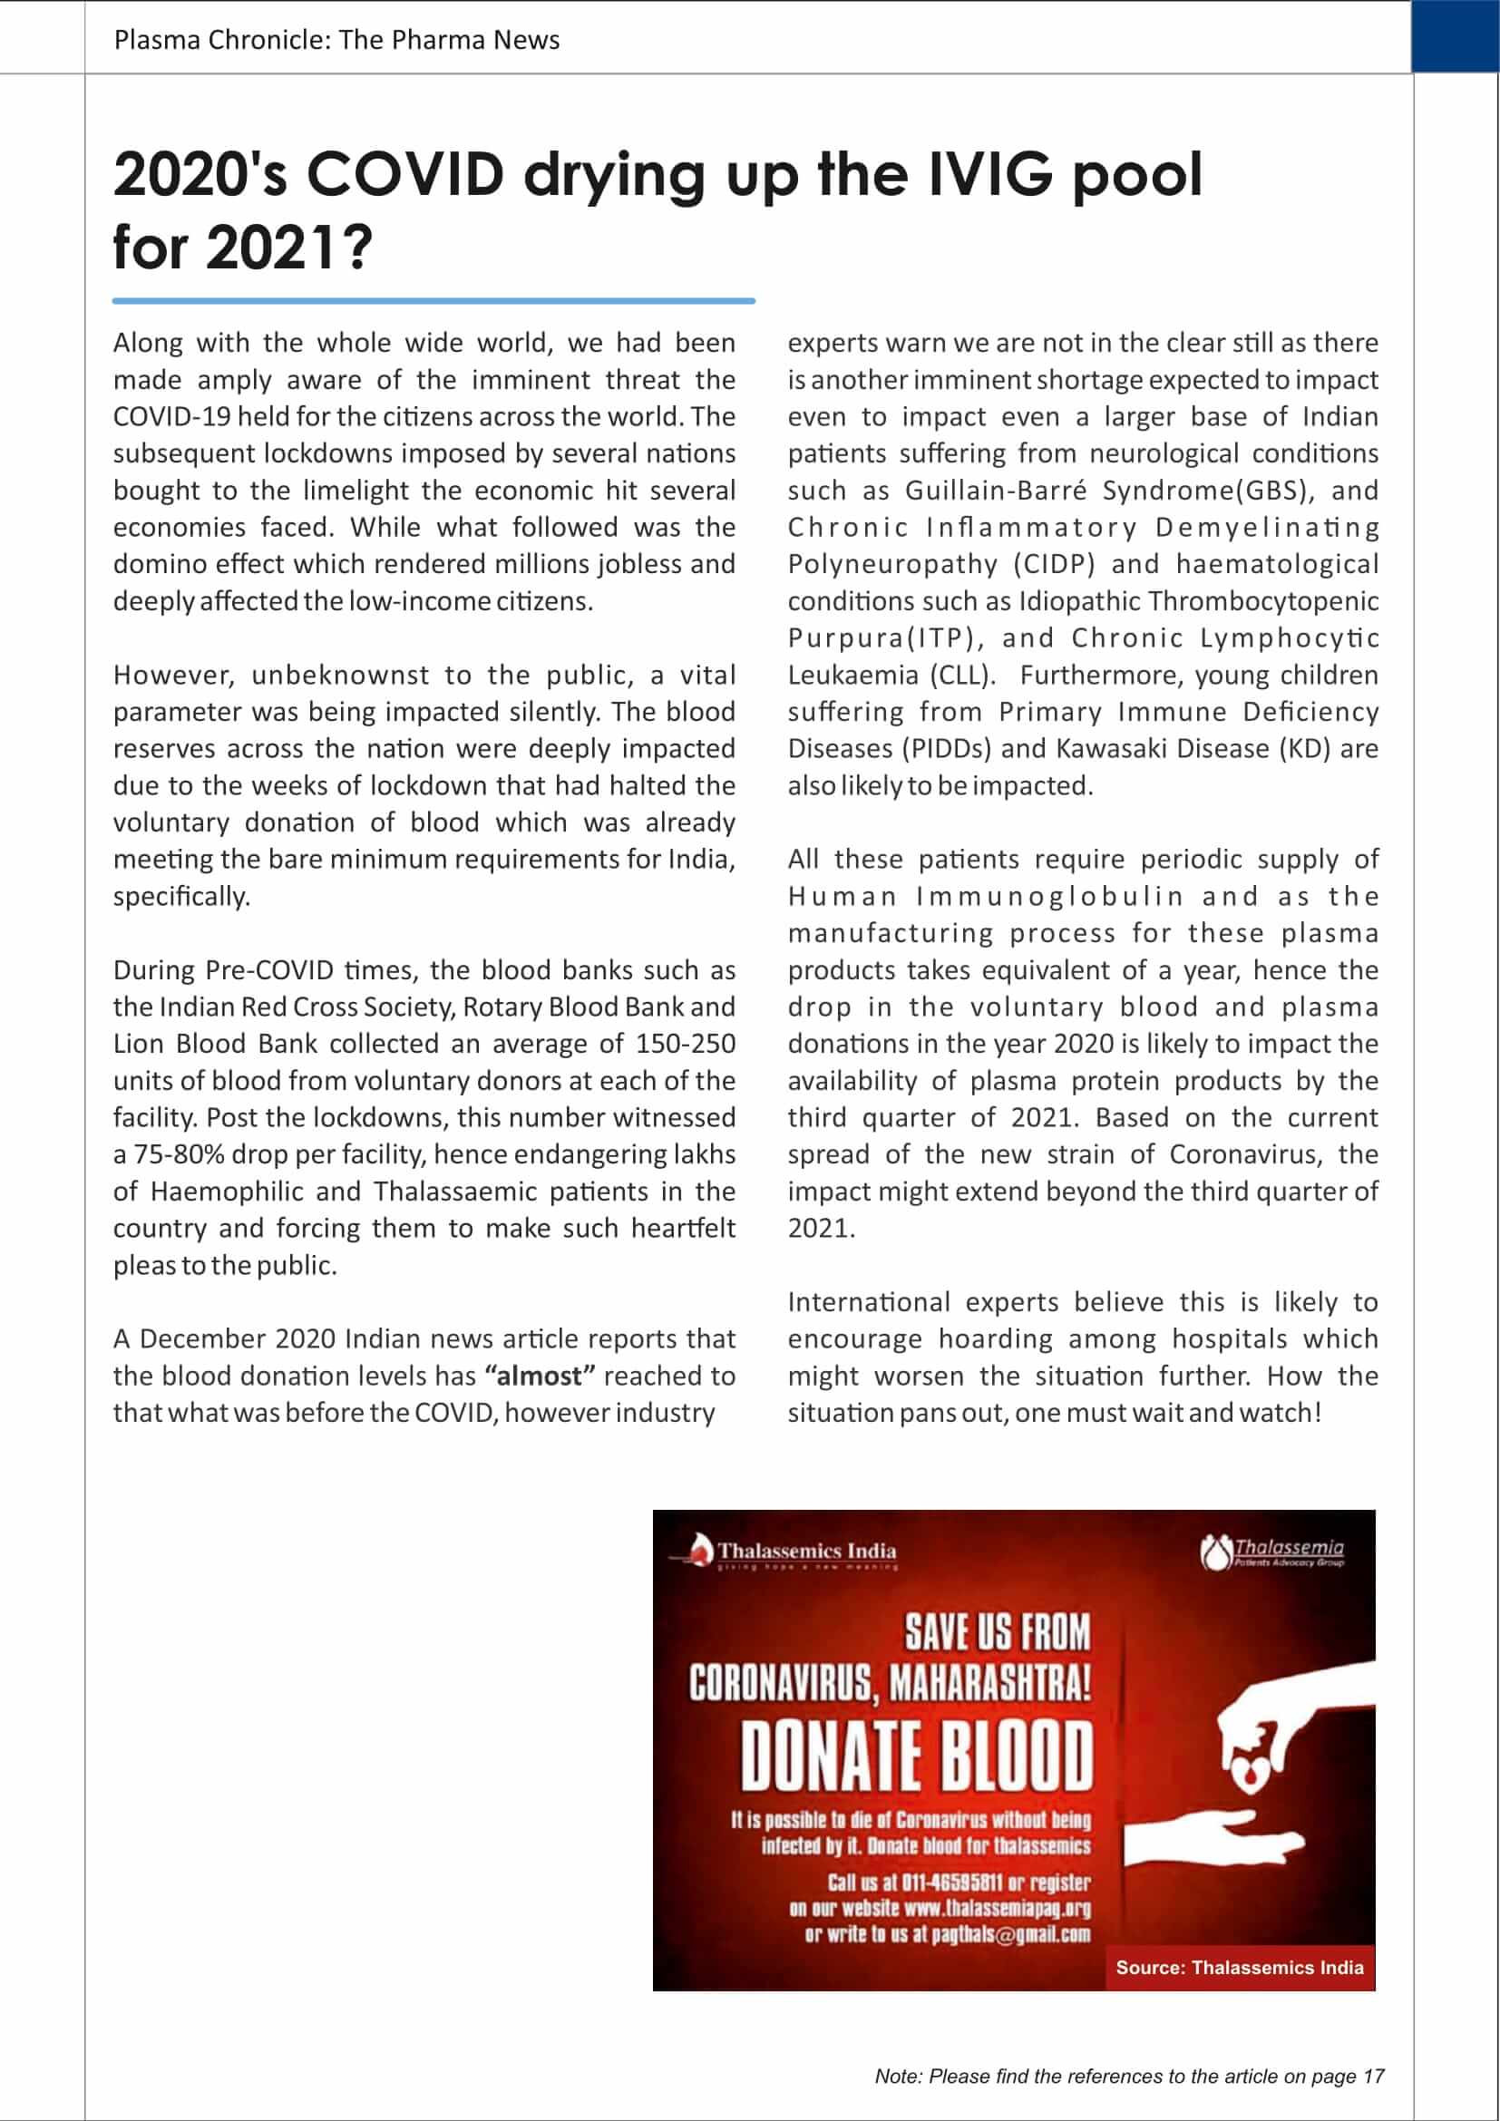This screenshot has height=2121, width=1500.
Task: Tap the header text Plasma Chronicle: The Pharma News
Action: pyautogui.click(x=336, y=40)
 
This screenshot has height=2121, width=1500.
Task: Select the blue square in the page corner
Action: pyautogui.click(x=1455, y=37)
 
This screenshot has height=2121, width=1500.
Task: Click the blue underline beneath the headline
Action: pyautogui.click(x=433, y=300)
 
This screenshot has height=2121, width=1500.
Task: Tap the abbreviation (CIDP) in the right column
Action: pyautogui.click(x=1054, y=563)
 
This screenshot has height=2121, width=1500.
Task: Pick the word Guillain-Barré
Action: pyautogui.click(x=996, y=490)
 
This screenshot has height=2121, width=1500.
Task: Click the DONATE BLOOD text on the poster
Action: pyautogui.click(x=916, y=1755)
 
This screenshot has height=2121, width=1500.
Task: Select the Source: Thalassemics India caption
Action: pyautogui.click(x=1239, y=1967)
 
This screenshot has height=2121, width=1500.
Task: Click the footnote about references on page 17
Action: pyautogui.click(x=1129, y=2076)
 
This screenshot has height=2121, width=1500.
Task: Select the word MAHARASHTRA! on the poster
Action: pyautogui.click(x=990, y=1684)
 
